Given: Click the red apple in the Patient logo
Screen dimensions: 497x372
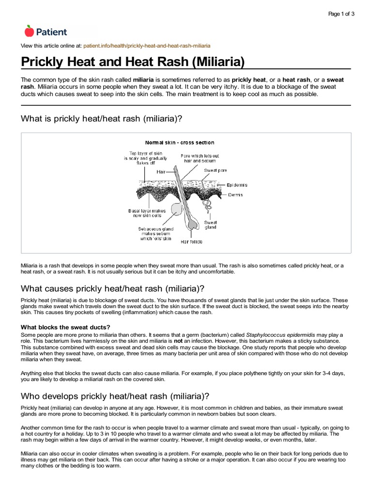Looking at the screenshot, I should tap(29, 31).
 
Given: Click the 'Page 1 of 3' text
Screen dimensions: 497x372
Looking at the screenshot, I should tap(341, 14).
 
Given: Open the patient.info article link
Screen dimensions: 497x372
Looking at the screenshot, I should tap(147, 46).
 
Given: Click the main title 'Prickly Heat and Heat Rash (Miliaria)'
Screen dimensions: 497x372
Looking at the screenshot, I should tap(133, 62).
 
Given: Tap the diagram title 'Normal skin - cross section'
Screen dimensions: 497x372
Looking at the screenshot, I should tap(180, 143).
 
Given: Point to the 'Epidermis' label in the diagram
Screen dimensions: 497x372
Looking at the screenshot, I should tap(237, 185).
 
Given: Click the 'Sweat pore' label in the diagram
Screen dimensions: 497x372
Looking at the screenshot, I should tap(215, 171).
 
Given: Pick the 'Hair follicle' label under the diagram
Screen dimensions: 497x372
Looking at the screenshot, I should tap(191, 241).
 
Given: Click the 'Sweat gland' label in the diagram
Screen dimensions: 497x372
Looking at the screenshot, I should tap(210, 224).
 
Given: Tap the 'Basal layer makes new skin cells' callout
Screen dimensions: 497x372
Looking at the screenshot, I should tap(146, 214).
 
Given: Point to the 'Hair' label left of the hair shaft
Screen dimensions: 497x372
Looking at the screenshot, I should tap(161, 172).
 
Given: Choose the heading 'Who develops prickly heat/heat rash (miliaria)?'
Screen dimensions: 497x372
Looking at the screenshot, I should tap(115, 395).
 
